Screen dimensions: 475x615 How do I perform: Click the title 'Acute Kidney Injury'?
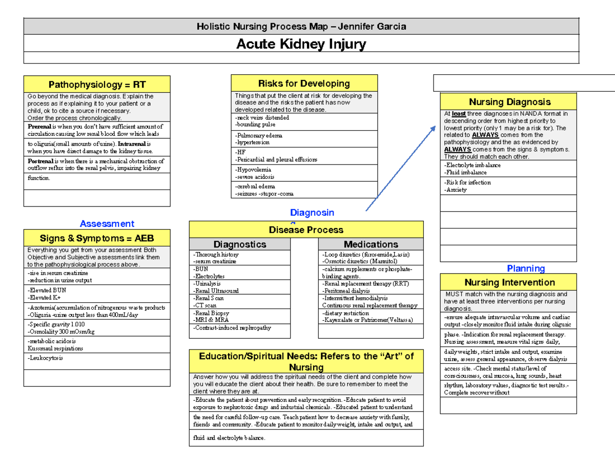click(301, 45)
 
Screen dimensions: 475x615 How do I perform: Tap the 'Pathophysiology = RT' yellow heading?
click(97, 85)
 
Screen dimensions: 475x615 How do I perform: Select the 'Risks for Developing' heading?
click(304, 83)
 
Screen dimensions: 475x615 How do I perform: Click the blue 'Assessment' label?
click(107, 223)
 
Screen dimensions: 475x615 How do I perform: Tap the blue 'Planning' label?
click(525, 269)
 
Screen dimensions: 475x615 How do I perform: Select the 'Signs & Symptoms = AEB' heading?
click(97, 238)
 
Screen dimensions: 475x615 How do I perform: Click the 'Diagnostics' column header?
click(240, 244)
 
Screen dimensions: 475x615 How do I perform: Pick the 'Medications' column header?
click(371, 244)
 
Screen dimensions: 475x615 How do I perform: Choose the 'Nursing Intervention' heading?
click(509, 282)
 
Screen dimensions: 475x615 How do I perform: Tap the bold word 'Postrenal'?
click(40, 161)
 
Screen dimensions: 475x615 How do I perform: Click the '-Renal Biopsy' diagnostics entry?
click(211, 313)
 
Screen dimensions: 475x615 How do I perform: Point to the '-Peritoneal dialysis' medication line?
click(346, 291)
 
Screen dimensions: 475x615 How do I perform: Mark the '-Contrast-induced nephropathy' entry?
click(232, 328)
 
